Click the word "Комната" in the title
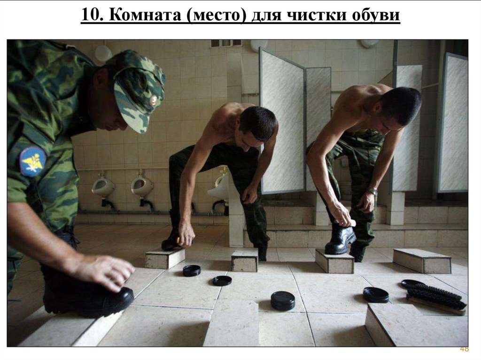[x=145, y=15]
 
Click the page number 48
[x=464, y=349]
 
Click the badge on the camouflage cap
[x=153, y=100]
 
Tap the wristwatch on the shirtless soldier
[x=372, y=191]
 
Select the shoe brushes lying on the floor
[x=434, y=296]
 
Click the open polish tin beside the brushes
[x=376, y=295]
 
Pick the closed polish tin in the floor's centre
[x=282, y=300]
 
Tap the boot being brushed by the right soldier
[x=340, y=240]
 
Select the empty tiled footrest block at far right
[x=422, y=260]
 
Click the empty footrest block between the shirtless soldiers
[x=244, y=260]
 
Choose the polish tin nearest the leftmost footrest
[x=192, y=270]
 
